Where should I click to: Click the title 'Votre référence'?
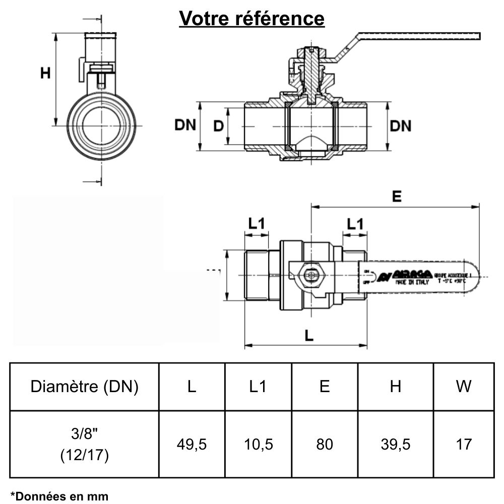point(252,19)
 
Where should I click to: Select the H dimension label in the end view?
point(46,73)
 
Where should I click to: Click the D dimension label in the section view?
point(218,125)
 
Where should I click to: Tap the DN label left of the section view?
point(185,125)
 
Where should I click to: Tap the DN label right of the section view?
point(401,125)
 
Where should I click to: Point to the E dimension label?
point(397,197)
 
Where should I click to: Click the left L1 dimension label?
point(257,223)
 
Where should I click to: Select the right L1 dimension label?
point(354,223)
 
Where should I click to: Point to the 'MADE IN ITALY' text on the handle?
point(412,283)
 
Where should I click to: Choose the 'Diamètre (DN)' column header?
point(84,387)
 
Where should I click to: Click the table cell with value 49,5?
point(192,445)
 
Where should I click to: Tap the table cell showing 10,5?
point(258,445)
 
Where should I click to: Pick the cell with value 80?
point(325,445)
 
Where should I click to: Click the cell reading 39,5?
point(396,445)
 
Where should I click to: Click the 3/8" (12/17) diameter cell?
point(84,445)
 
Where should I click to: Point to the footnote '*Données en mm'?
point(59,496)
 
